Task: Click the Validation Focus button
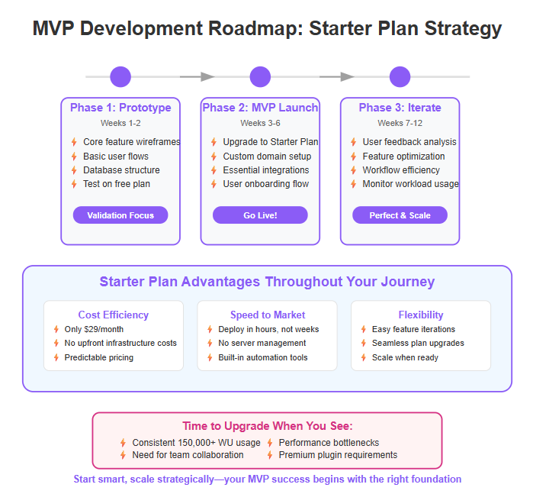click(120, 215)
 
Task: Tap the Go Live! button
click(260, 215)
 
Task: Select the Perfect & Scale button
click(400, 215)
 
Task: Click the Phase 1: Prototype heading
click(120, 108)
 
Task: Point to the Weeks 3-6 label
click(260, 123)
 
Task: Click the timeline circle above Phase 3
click(400, 76)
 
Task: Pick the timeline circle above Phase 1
click(120, 76)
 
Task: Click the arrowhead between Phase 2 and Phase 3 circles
click(348, 76)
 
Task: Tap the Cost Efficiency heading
click(114, 315)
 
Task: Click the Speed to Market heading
click(268, 315)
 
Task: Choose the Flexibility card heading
click(421, 315)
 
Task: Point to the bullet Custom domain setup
click(267, 156)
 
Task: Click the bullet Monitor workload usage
click(410, 184)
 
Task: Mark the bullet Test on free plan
click(117, 184)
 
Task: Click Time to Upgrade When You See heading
click(267, 426)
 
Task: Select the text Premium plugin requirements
click(338, 455)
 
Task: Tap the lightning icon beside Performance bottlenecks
click(271, 443)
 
